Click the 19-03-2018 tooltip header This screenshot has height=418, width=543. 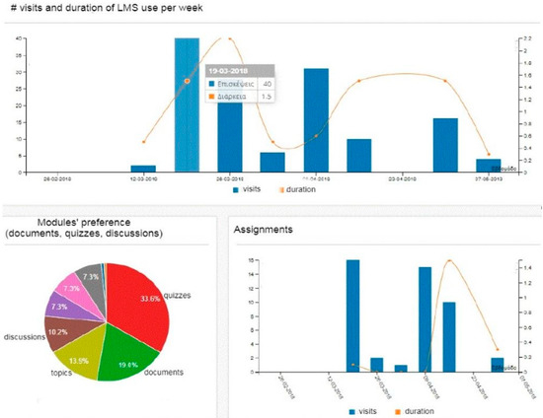point(228,71)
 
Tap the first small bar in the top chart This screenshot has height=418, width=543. point(143,169)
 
